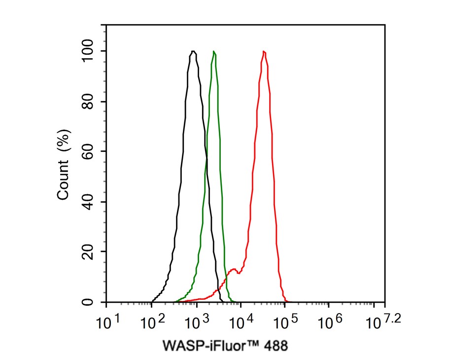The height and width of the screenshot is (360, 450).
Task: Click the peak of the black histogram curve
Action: click(x=193, y=51)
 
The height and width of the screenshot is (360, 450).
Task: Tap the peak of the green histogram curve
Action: click(x=213, y=51)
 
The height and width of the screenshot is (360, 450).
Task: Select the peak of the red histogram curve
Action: click(x=264, y=51)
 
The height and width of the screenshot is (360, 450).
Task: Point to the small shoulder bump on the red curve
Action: click(x=234, y=269)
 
